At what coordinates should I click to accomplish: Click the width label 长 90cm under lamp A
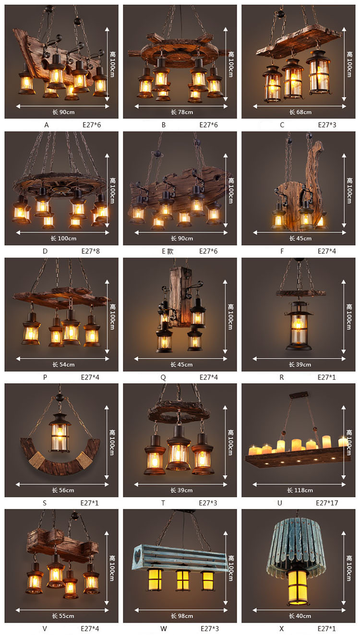click(63, 112)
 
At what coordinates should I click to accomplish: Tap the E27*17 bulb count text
click(327, 503)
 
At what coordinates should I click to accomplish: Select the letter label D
click(45, 251)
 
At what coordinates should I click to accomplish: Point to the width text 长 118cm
click(300, 490)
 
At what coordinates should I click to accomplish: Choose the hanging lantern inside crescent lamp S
click(60, 432)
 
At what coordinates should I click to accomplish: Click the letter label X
click(281, 629)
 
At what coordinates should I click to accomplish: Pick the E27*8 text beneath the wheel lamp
click(90, 251)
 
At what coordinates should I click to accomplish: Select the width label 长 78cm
click(182, 112)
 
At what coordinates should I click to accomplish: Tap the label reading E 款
click(168, 251)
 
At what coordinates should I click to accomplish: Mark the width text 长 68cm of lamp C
click(300, 112)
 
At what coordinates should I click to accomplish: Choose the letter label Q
click(163, 378)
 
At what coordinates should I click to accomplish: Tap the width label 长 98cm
click(182, 616)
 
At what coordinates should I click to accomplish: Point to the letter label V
click(45, 629)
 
